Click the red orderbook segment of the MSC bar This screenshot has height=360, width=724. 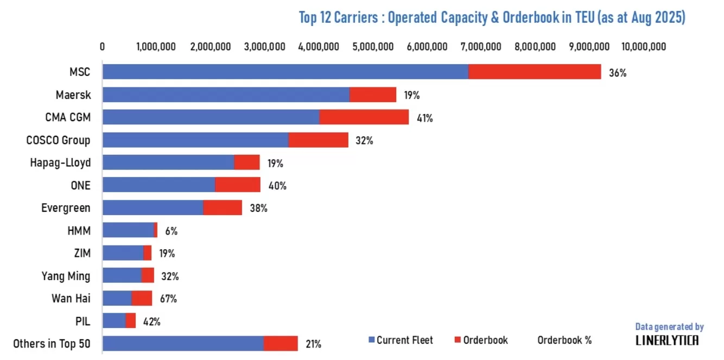point(535,72)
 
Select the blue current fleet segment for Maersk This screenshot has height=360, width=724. point(226,95)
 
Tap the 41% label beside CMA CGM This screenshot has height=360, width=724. point(424,118)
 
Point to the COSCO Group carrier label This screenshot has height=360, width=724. point(58,140)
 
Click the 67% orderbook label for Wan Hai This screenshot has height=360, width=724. point(168,299)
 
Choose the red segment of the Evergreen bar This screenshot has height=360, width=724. point(223,207)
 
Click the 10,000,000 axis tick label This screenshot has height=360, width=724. point(643,47)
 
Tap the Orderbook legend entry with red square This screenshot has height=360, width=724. point(481,340)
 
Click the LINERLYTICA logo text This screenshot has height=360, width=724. point(667,340)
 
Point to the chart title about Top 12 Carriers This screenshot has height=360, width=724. point(492,17)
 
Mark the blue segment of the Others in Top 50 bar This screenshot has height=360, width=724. point(183,344)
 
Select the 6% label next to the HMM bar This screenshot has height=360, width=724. point(172,231)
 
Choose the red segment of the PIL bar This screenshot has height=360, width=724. point(130,320)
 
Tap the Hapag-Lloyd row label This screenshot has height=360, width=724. point(60,162)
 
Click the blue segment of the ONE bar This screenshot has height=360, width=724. point(158,185)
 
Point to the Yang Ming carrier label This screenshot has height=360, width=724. point(66,276)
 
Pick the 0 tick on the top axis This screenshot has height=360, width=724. point(103,47)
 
